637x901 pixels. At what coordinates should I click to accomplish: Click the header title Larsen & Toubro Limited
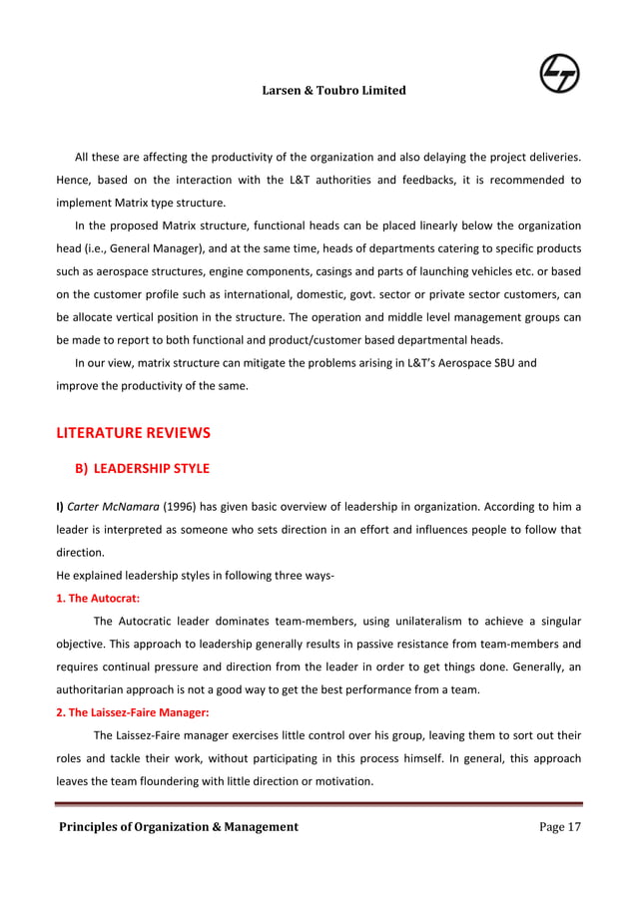coord(333,91)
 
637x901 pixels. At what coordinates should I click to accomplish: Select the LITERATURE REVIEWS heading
coord(133,433)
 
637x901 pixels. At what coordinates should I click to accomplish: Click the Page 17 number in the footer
coord(559,826)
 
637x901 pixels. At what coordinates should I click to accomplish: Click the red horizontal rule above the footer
coord(318,803)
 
